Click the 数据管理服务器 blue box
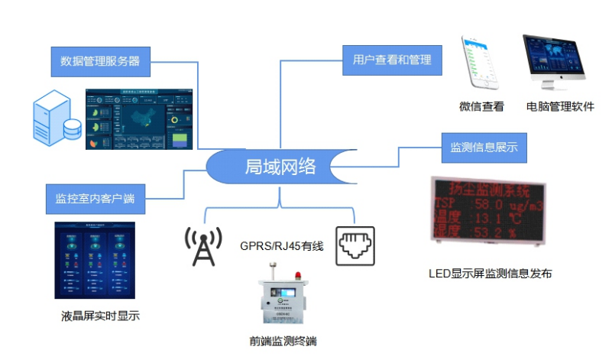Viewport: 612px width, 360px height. pos(100,61)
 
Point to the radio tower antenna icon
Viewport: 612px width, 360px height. pos(203,245)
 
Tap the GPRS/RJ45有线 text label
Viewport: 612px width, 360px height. pos(281,245)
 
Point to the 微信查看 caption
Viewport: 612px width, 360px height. pos(481,107)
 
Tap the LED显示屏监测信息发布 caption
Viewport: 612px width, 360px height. pos(490,273)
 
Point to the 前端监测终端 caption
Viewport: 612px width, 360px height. pos(283,341)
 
